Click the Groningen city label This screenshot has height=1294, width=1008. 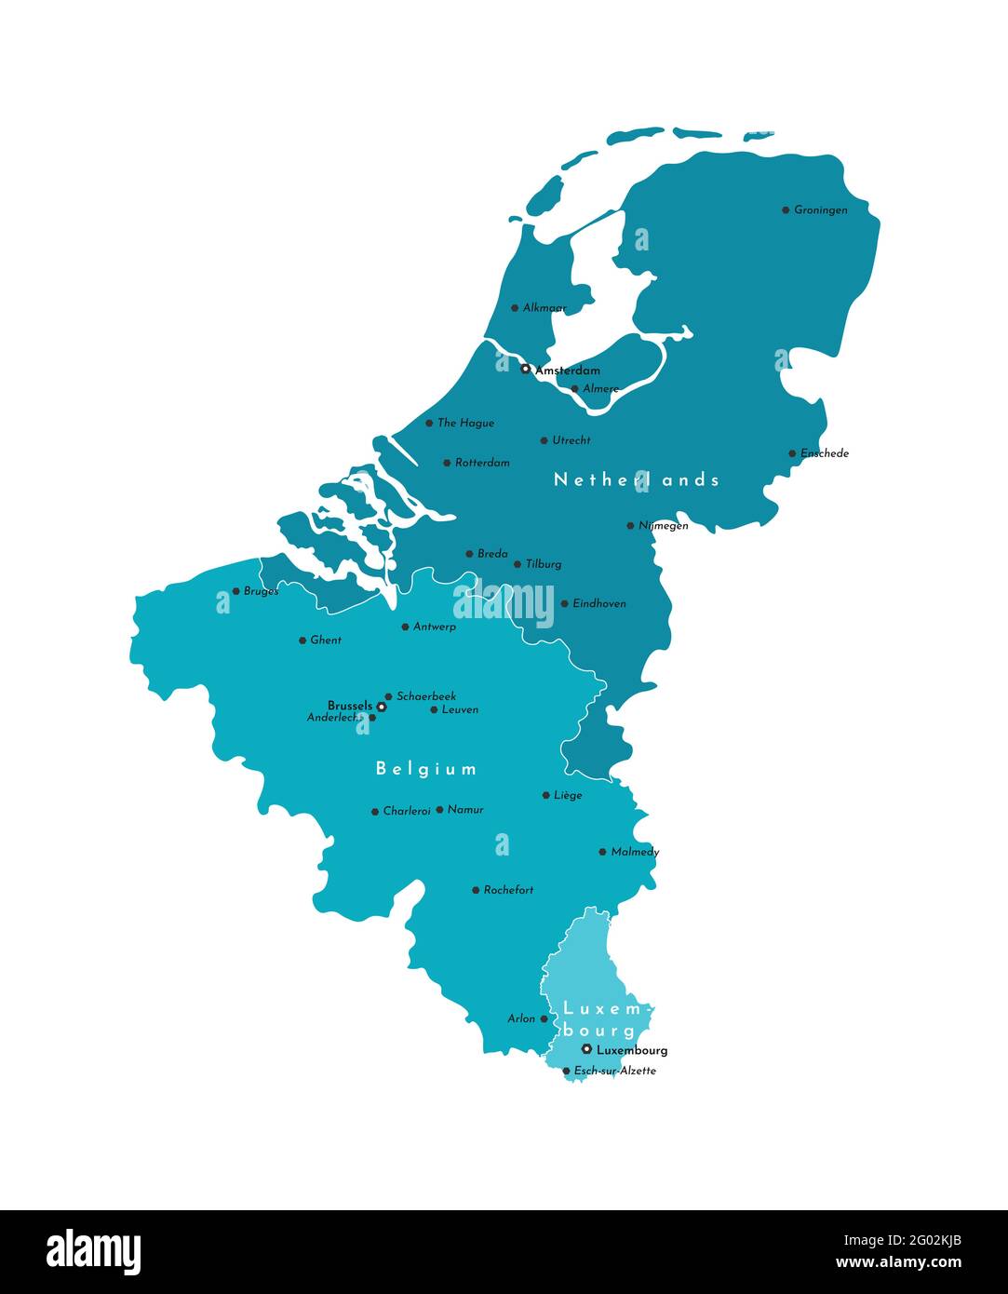820,210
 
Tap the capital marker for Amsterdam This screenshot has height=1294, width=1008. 525,369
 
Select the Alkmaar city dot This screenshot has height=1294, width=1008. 515,308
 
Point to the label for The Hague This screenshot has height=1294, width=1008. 465,423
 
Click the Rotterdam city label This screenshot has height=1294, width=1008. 482,463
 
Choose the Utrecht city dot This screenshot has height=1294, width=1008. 544,440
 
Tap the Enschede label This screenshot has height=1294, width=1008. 825,453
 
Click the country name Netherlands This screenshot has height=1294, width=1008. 637,479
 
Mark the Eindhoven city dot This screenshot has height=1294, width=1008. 564,603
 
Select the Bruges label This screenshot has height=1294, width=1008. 261,591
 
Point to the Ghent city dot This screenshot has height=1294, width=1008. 302,640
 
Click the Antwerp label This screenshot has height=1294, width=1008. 435,627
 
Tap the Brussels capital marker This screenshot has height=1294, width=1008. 381,707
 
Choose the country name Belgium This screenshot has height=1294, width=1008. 426,769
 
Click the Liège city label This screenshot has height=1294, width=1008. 568,795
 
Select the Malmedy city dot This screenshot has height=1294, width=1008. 602,852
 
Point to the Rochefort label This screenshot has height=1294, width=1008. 508,890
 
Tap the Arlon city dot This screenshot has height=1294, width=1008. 544,1018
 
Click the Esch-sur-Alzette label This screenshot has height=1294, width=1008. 614,1071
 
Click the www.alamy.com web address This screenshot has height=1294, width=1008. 898,1262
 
